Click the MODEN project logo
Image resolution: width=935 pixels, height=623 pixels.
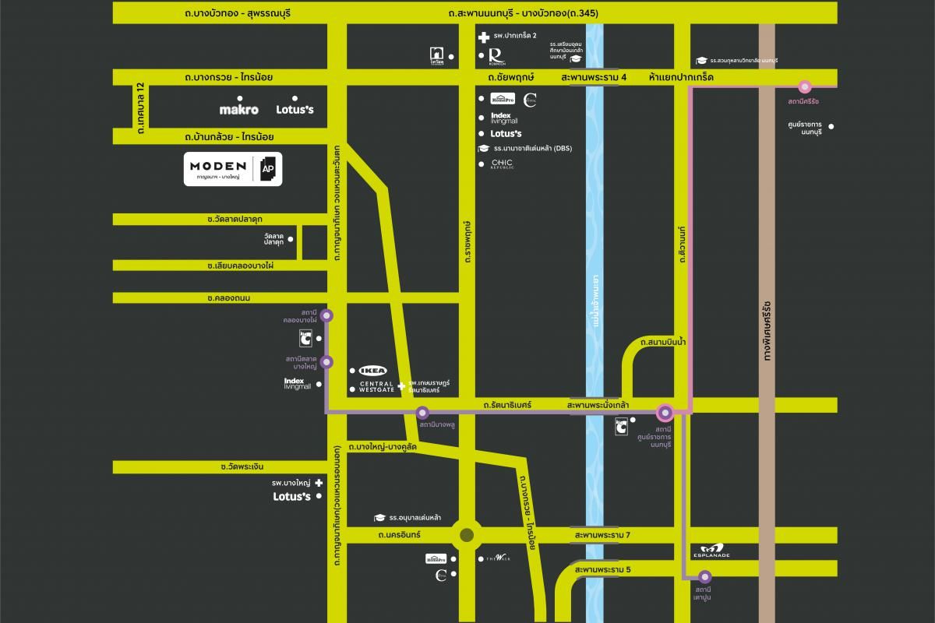(x=217, y=167)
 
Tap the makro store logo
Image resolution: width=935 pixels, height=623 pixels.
(x=238, y=110)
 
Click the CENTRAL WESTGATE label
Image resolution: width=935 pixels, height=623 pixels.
(x=376, y=387)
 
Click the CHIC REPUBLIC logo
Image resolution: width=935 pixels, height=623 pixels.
(x=502, y=164)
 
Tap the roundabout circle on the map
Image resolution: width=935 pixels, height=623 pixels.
(x=466, y=535)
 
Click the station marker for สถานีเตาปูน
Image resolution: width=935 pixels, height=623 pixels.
(x=704, y=577)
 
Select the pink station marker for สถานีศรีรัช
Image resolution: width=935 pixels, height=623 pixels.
(x=805, y=86)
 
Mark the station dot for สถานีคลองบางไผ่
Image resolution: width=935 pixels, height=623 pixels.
(x=326, y=315)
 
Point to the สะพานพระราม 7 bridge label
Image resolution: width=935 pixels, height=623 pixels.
(x=602, y=536)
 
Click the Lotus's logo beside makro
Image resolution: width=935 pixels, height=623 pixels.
(x=295, y=110)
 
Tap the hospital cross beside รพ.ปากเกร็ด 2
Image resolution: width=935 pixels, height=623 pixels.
(x=483, y=36)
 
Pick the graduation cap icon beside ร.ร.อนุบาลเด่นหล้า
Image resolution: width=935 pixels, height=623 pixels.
(x=379, y=518)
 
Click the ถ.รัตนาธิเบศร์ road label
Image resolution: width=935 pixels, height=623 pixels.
(x=507, y=406)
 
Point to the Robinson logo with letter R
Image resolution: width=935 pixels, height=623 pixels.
(x=495, y=56)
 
